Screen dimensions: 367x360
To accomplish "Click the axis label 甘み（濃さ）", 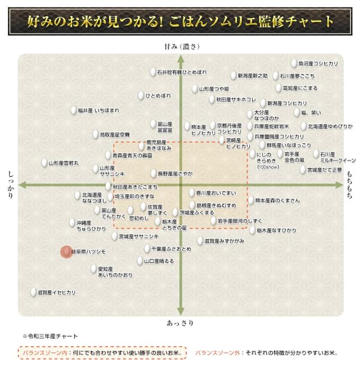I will pos(179,46).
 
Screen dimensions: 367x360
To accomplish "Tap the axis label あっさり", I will pos(180,323).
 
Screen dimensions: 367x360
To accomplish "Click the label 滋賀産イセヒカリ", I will pos(56,293).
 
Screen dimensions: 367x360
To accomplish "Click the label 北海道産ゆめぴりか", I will pos(330,126).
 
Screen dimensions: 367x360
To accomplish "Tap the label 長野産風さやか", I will pos(175,174).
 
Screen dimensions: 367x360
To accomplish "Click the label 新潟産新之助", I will pos(252,75).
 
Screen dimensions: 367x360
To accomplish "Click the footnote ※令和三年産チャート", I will pos(50,336).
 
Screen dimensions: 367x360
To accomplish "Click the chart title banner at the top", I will pos(180,21).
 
